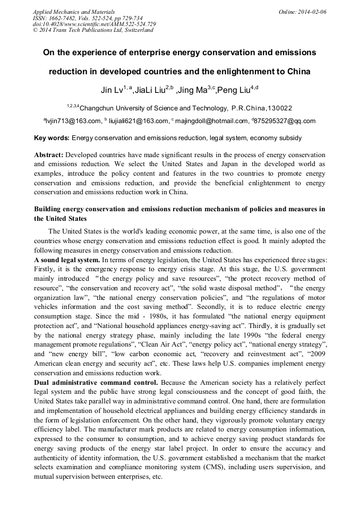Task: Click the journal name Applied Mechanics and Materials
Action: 74,11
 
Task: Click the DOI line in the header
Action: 95,24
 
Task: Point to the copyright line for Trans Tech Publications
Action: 93,30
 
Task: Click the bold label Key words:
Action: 52,138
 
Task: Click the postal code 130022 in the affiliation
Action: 280,108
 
